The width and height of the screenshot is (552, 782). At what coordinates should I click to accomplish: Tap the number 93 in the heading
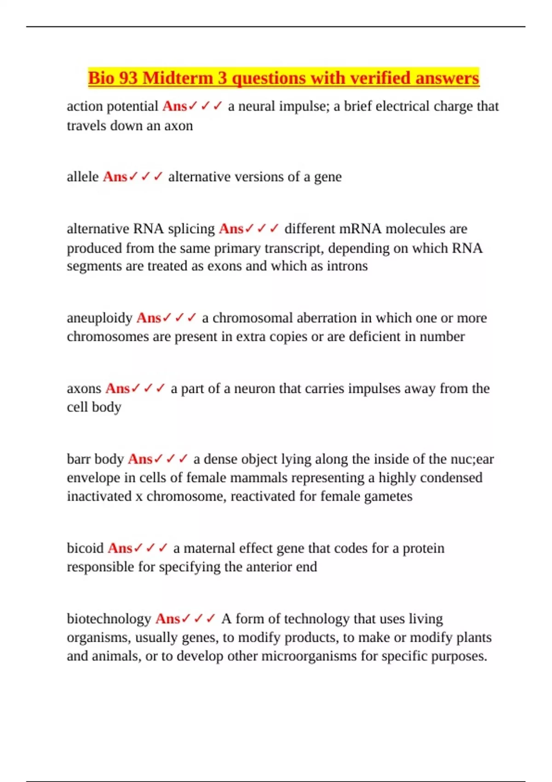127,78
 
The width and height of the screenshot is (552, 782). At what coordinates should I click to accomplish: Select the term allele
83,177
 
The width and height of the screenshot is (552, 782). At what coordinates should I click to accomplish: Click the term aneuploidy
99,318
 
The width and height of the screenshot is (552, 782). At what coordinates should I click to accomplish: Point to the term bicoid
85,548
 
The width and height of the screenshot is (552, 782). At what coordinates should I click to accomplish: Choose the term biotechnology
109,619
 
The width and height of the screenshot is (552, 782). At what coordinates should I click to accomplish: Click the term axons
84,389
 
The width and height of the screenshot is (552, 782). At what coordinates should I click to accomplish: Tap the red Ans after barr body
140,459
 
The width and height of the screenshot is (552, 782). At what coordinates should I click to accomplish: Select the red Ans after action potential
174,106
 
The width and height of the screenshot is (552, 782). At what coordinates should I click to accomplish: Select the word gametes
388,496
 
